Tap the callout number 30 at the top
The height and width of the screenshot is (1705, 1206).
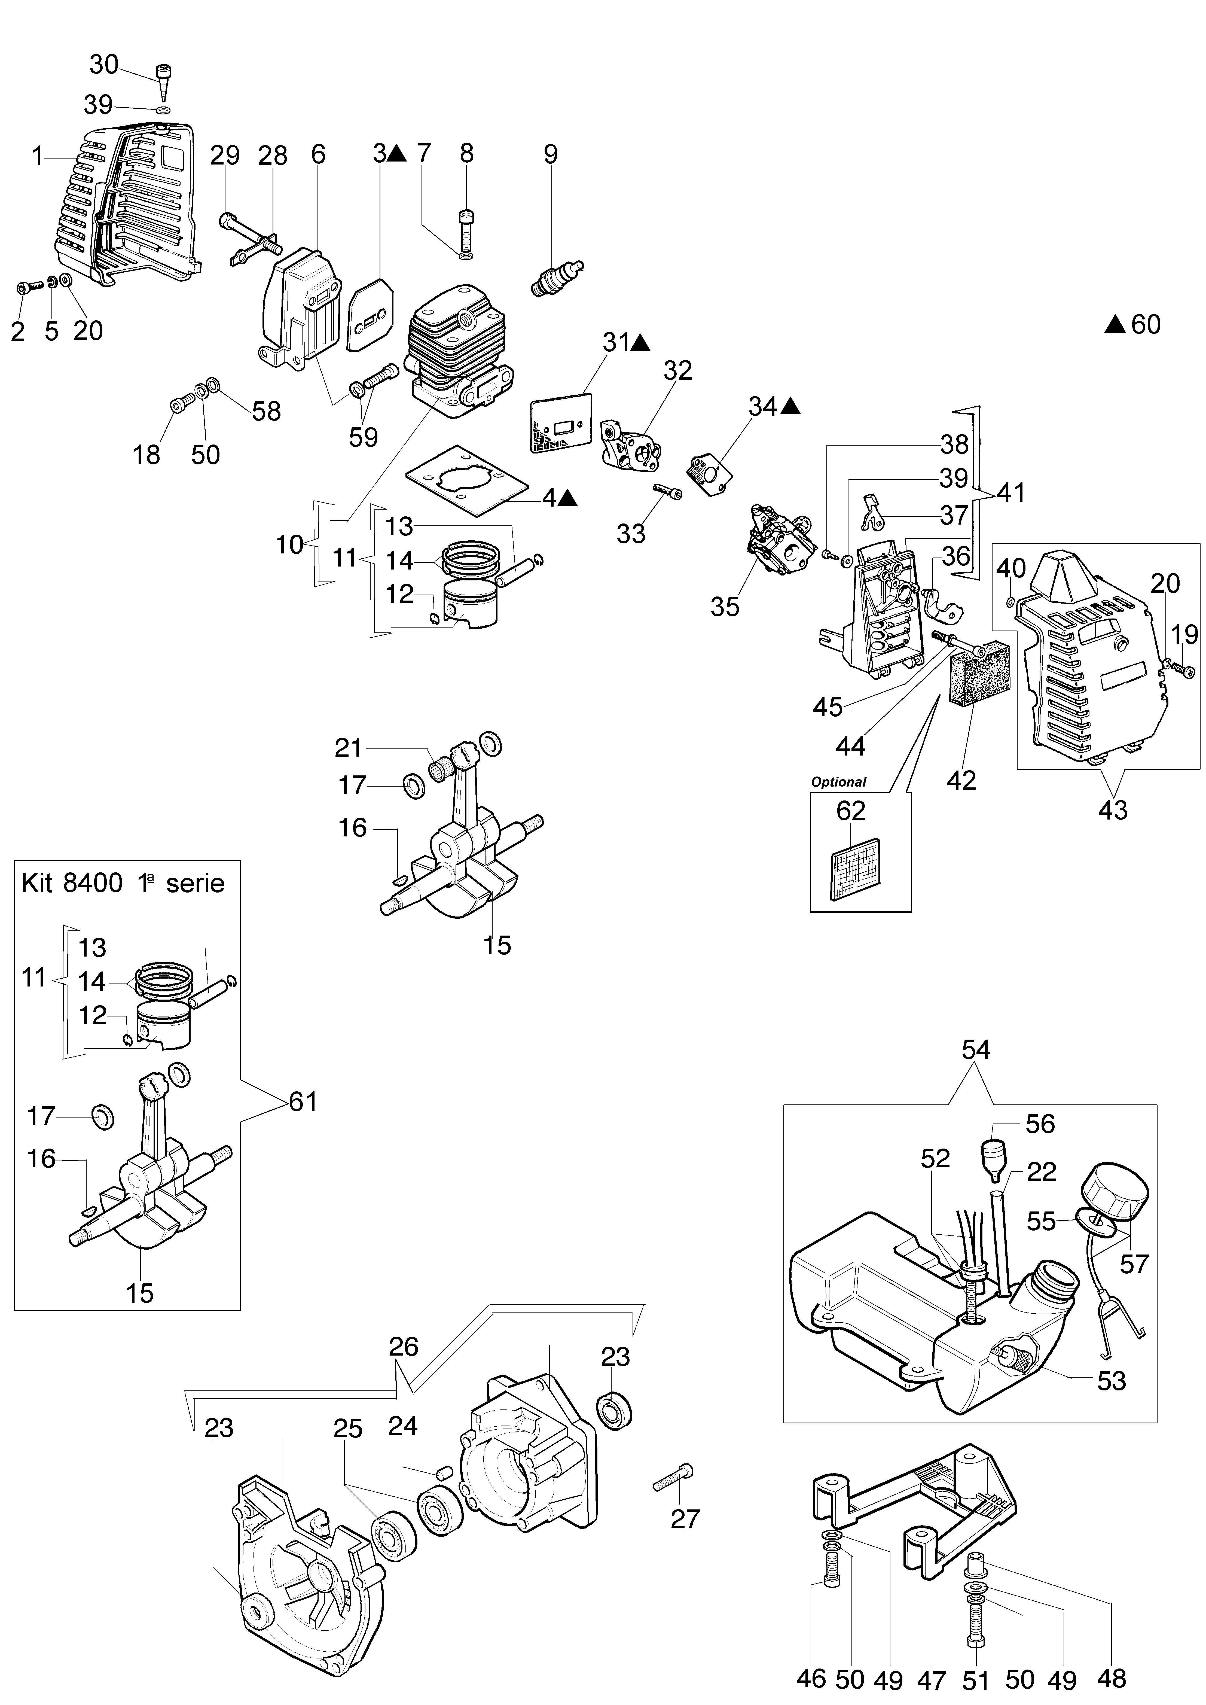click(x=104, y=65)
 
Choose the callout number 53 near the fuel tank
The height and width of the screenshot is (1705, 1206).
click(x=1112, y=1381)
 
